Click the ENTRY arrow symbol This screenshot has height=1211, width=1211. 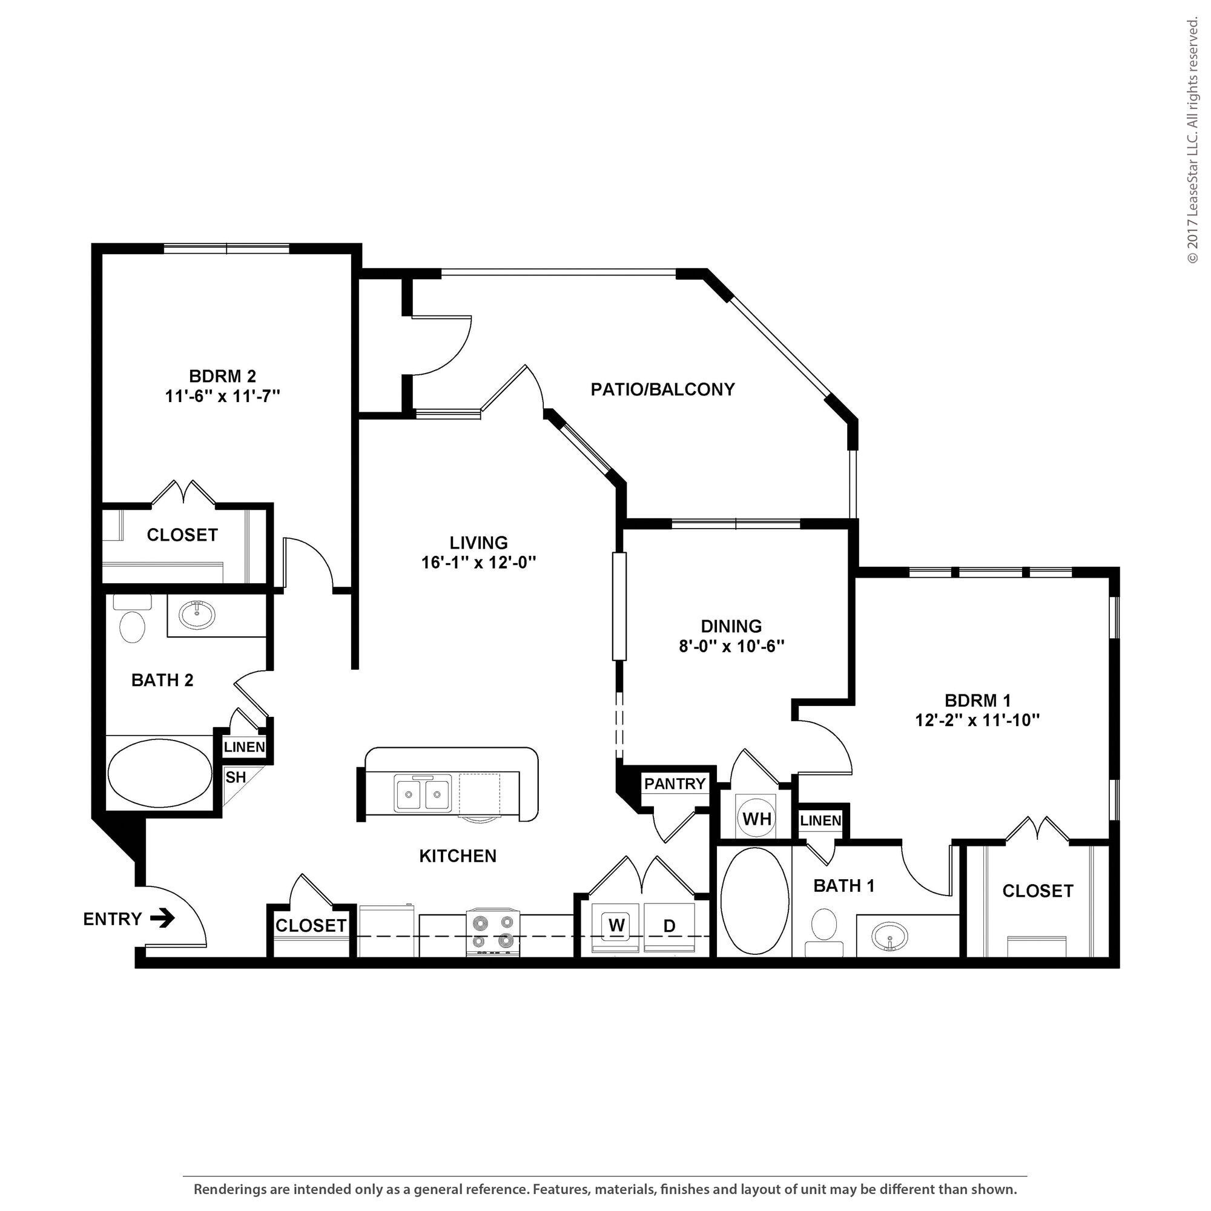pyautogui.click(x=162, y=919)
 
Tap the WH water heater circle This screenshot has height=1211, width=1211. pyautogui.click(x=756, y=819)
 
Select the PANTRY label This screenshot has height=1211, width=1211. pyautogui.click(x=675, y=784)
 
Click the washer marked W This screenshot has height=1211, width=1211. pyautogui.click(x=616, y=925)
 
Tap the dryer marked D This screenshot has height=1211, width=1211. pyautogui.click(x=670, y=926)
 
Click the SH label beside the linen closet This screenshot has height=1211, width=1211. pyautogui.click(x=236, y=777)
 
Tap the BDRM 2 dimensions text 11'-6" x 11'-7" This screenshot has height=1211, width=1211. pyautogui.click(x=222, y=396)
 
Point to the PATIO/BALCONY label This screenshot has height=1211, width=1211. pyautogui.click(x=662, y=389)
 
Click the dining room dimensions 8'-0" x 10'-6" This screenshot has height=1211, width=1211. pyautogui.click(x=731, y=646)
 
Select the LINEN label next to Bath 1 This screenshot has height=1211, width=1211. pyautogui.click(x=820, y=820)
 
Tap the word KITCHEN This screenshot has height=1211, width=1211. pyautogui.click(x=458, y=856)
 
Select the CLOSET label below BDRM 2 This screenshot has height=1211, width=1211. pyautogui.click(x=182, y=535)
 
